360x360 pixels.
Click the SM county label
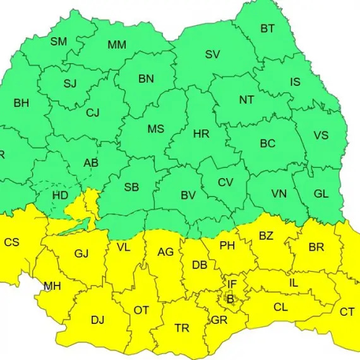point(59,42)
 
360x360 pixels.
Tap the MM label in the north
point(116,45)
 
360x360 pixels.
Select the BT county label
point(268,28)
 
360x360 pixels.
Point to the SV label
point(212,54)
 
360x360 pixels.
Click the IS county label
point(295,82)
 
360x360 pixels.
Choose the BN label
point(147,79)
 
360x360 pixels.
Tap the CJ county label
point(93,113)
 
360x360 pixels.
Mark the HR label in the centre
point(201,134)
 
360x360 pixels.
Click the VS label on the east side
point(321,136)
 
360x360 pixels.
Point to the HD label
point(60,195)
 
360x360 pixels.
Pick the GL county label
point(321,194)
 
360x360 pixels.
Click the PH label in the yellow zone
point(227,246)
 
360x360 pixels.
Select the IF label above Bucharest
point(232,285)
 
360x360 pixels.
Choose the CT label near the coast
point(347,312)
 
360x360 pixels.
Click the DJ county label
point(97,320)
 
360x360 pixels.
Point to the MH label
point(52,286)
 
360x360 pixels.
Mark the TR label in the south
point(182,328)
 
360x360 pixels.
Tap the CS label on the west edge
point(11,242)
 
